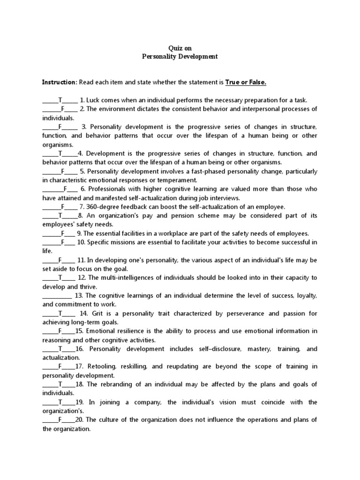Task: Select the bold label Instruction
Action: pyautogui.click(x=59, y=82)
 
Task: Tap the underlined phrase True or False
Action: pyautogui.click(x=246, y=82)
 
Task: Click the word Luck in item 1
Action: pyautogui.click(x=93, y=100)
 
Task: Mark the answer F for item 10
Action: pyautogui.click(x=62, y=242)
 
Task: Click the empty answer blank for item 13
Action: pyautogui.click(x=57, y=295)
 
